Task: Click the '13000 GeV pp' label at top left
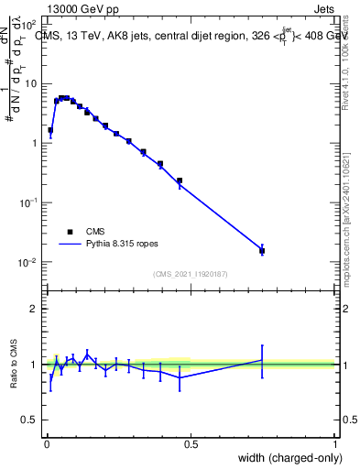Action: (82, 9)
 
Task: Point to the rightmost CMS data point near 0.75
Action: (262, 250)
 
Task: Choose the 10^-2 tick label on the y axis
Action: (27, 263)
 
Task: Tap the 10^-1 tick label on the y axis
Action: (27, 203)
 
